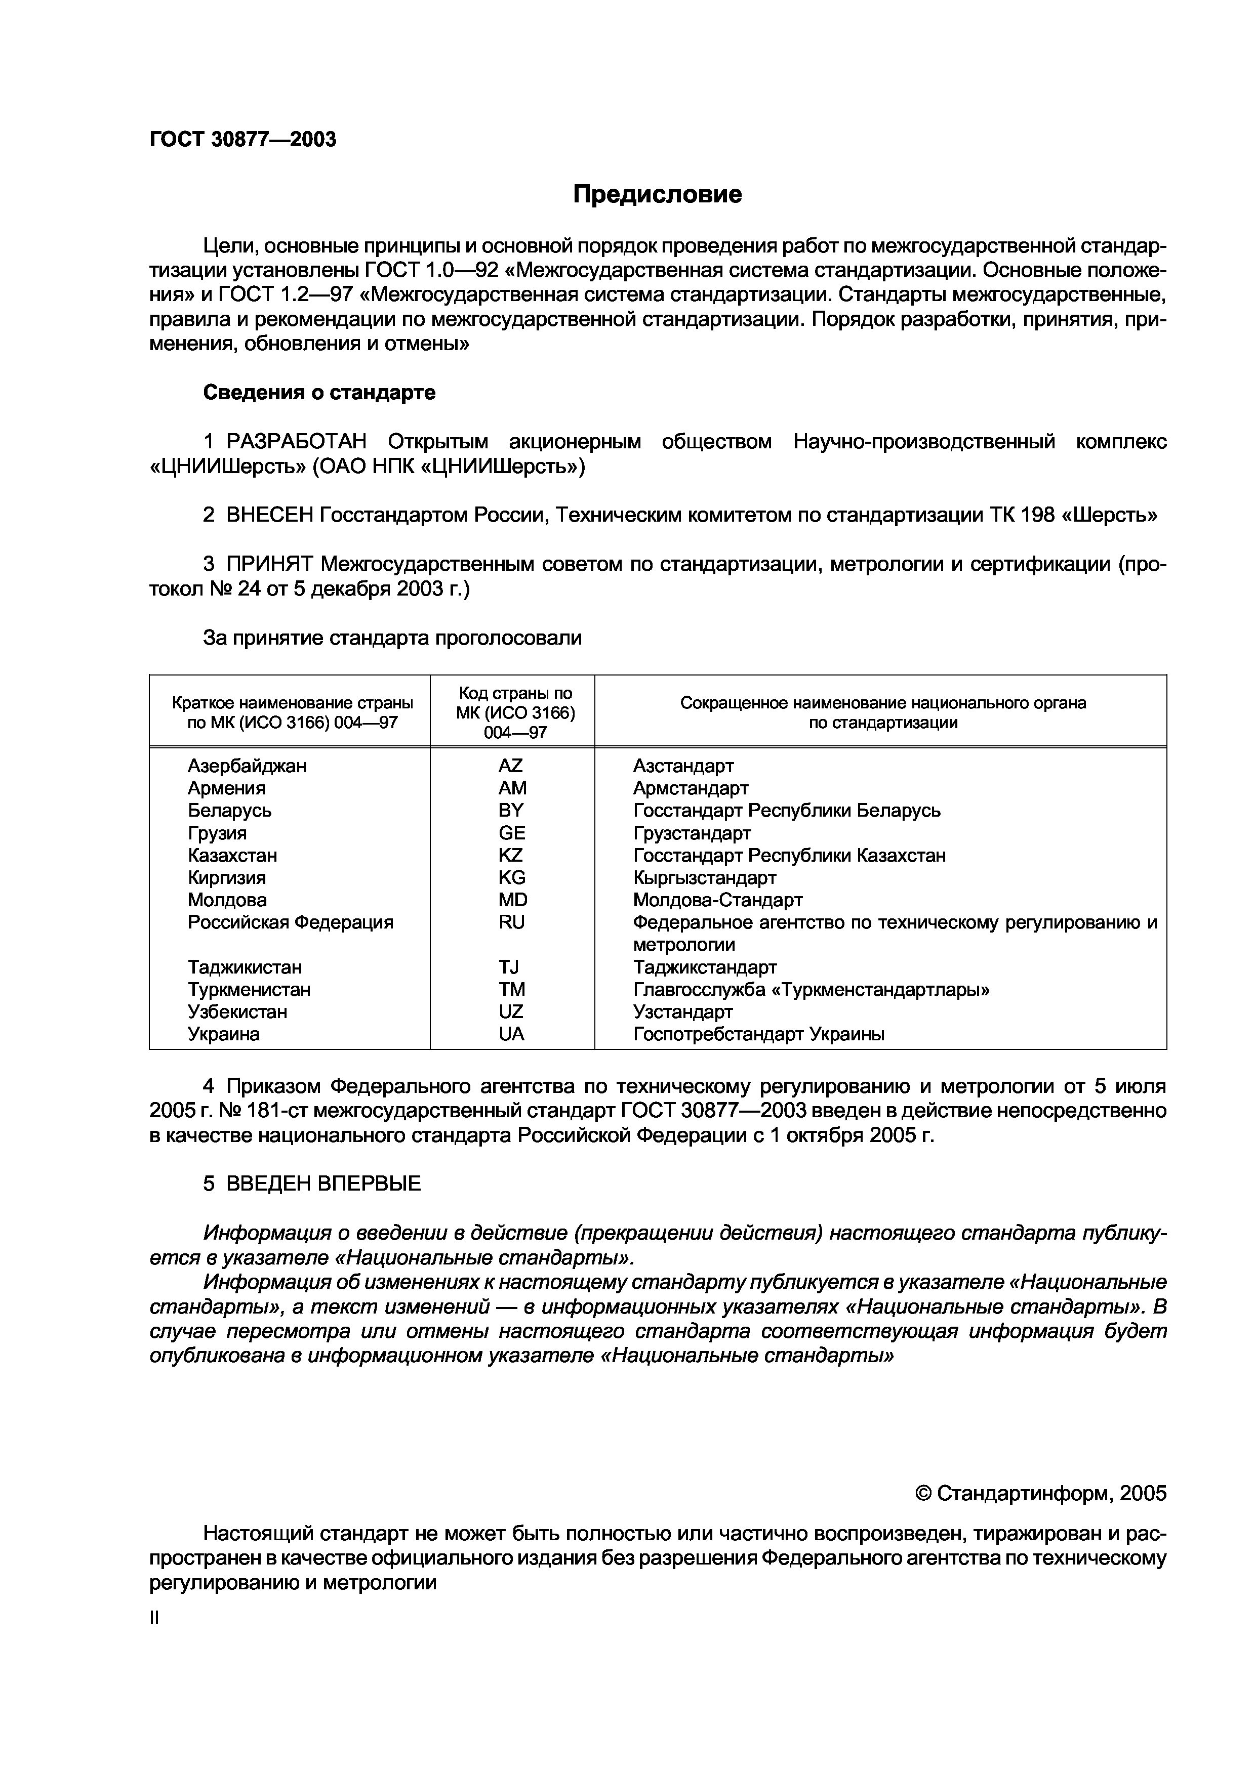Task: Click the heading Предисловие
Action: tap(657, 194)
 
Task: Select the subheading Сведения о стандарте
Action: tap(318, 393)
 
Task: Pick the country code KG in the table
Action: tap(511, 877)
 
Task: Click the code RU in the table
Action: tap(511, 922)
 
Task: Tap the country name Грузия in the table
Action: tap(217, 833)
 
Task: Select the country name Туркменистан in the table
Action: tap(249, 990)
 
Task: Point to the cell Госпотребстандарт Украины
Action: tap(758, 1034)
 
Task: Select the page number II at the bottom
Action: tap(154, 1619)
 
